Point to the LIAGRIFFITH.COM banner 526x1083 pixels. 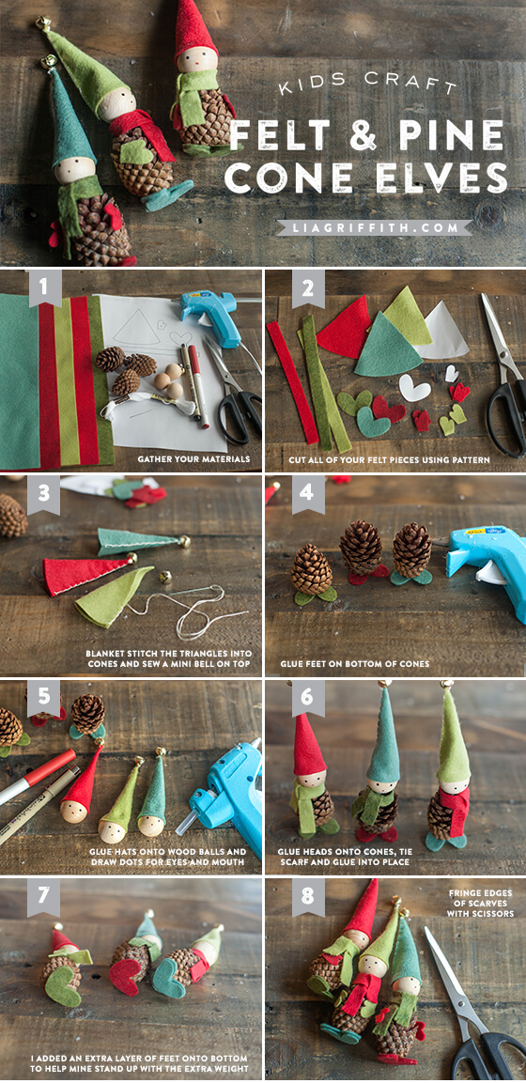click(374, 227)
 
